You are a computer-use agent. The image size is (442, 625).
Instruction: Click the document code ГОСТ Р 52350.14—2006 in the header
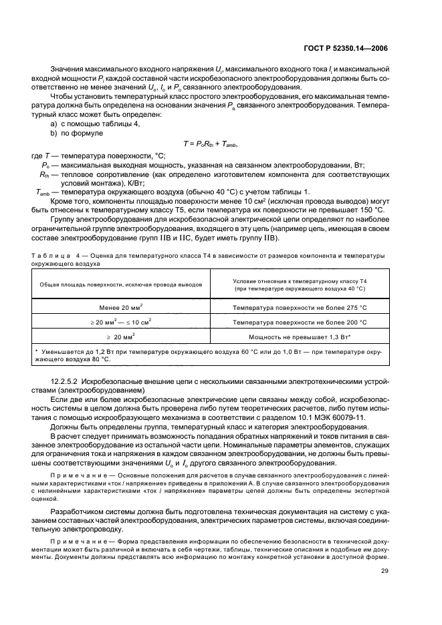347,48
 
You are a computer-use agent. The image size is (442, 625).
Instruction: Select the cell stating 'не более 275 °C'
300,308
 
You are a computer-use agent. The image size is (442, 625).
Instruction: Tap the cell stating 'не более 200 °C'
300,323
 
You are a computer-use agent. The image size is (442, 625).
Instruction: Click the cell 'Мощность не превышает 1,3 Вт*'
300,337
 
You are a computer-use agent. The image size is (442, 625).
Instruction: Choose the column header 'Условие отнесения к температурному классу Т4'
300,281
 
